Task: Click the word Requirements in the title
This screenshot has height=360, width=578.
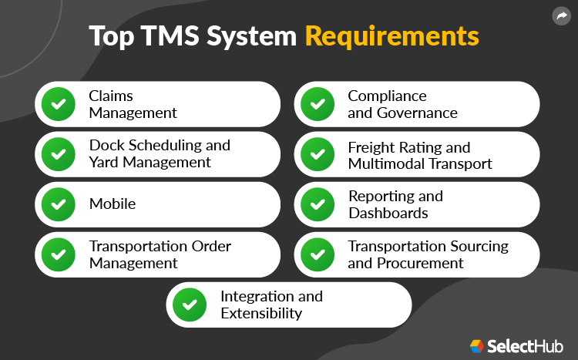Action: pos(391,36)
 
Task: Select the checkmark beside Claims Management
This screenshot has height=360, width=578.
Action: pos(58,104)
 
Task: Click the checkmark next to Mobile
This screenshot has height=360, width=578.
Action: pos(58,204)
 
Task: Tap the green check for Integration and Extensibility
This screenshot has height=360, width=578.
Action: pos(189,304)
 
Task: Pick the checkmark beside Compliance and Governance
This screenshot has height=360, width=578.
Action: pos(317,104)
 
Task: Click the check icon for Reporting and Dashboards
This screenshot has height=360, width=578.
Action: pos(317,204)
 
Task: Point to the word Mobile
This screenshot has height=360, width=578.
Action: pos(113,204)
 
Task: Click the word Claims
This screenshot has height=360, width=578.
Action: pos(111,96)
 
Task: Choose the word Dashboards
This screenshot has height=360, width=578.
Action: pos(388,213)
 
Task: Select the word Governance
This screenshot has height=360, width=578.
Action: pos(417,113)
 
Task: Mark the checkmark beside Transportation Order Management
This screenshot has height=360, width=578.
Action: pos(58,254)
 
